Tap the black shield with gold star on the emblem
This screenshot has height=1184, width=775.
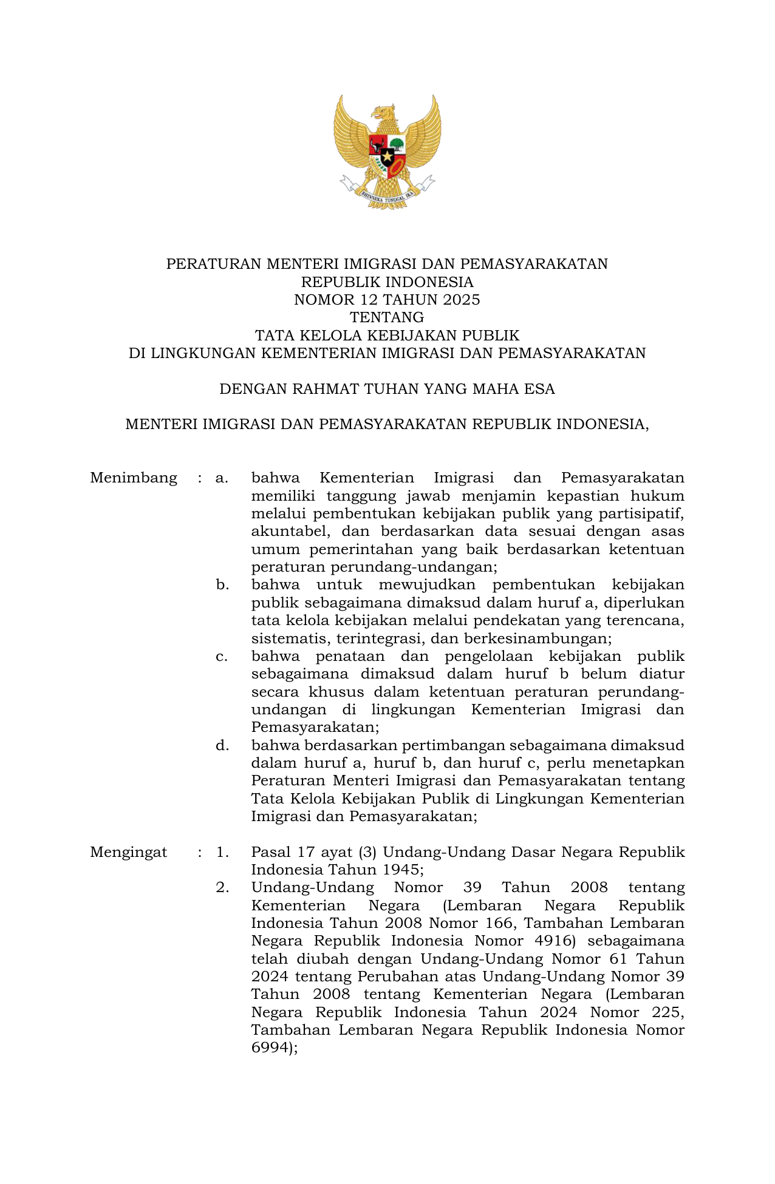[387, 158]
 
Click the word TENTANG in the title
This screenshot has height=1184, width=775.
[387, 317]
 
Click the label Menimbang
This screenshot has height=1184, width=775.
[134, 478]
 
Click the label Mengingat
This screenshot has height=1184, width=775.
[129, 852]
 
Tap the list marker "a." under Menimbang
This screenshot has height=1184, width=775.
[222, 478]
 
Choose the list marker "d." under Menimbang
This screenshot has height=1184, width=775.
[222, 745]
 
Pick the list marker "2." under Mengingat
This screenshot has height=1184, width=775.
[222, 888]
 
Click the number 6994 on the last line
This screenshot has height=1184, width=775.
[270, 1048]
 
